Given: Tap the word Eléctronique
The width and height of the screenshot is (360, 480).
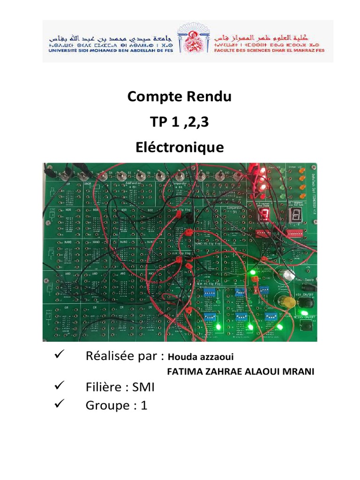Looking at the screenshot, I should pyautogui.click(x=180, y=148).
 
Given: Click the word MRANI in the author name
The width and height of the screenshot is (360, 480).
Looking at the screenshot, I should pyautogui.click(x=295, y=372).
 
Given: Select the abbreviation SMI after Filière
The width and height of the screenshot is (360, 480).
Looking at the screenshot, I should pyautogui.click(x=143, y=388).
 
